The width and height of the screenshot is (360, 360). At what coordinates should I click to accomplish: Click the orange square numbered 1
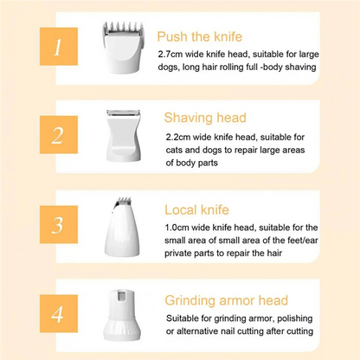pyautogui.click(x=59, y=47)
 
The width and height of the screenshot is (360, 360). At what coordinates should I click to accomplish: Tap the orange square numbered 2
pyautogui.click(x=59, y=135)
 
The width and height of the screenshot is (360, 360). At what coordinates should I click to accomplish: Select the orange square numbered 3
pyautogui.click(x=59, y=224)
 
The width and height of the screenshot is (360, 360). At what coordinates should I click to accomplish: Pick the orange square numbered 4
pyautogui.click(x=59, y=313)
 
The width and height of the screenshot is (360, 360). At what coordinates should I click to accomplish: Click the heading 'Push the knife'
pyautogui.click(x=200, y=37)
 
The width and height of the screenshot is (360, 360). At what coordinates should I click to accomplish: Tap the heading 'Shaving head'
pyautogui.click(x=205, y=118)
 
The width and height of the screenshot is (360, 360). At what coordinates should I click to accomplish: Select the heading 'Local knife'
pyautogui.click(x=196, y=209)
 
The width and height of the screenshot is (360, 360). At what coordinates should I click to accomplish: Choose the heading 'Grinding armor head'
pyautogui.click(x=227, y=300)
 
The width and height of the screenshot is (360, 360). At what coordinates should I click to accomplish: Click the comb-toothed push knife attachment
pyautogui.click(x=122, y=47)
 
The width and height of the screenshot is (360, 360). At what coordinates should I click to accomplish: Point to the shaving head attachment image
pyautogui.click(x=123, y=135)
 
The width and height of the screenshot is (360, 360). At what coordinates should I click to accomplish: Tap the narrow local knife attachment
pyautogui.click(x=122, y=227)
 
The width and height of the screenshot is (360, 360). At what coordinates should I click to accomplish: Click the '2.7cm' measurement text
pyautogui.click(x=170, y=55)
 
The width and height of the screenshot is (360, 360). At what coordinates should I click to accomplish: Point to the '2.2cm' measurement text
pyautogui.click(x=178, y=137)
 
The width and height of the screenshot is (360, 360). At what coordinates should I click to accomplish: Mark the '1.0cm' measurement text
pyautogui.click(x=177, y=228)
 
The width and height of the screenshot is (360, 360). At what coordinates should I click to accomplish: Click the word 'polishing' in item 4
pyautogui.click(x=295, y=318)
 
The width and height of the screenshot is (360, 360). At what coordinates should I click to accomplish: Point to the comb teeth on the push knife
pyautogui.click(x=123, y=28)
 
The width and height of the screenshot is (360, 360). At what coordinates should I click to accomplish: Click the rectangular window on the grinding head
pyautogui.click(x=122, y=296)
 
